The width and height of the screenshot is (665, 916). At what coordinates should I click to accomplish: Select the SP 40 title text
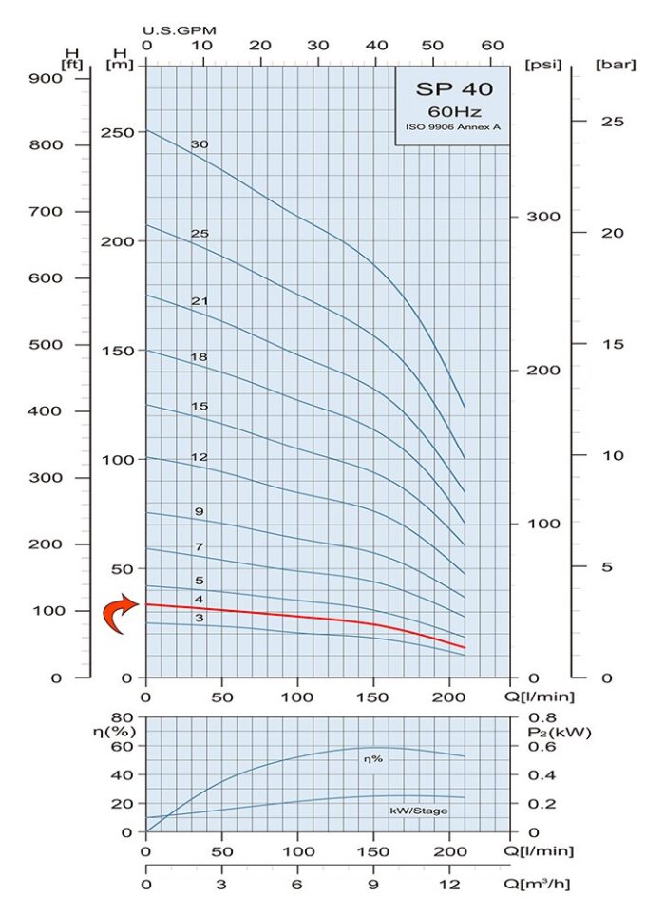point(452,90)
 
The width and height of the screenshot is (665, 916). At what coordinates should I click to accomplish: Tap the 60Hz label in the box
point(452,112)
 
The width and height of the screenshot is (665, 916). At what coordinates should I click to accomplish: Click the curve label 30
point(199,144)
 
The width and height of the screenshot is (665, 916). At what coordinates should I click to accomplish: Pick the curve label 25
point(199,233)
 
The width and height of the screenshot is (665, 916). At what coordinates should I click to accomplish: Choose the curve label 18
point(199,356)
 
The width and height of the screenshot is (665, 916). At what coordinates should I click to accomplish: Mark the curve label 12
point(199,457)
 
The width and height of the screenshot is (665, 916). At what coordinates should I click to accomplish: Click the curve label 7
point(199,547)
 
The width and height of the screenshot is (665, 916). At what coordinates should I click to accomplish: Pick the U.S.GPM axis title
point(180,29)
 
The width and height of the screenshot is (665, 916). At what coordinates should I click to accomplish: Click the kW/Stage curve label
point(418,811)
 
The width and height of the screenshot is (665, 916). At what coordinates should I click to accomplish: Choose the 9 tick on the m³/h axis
point(373,884)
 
